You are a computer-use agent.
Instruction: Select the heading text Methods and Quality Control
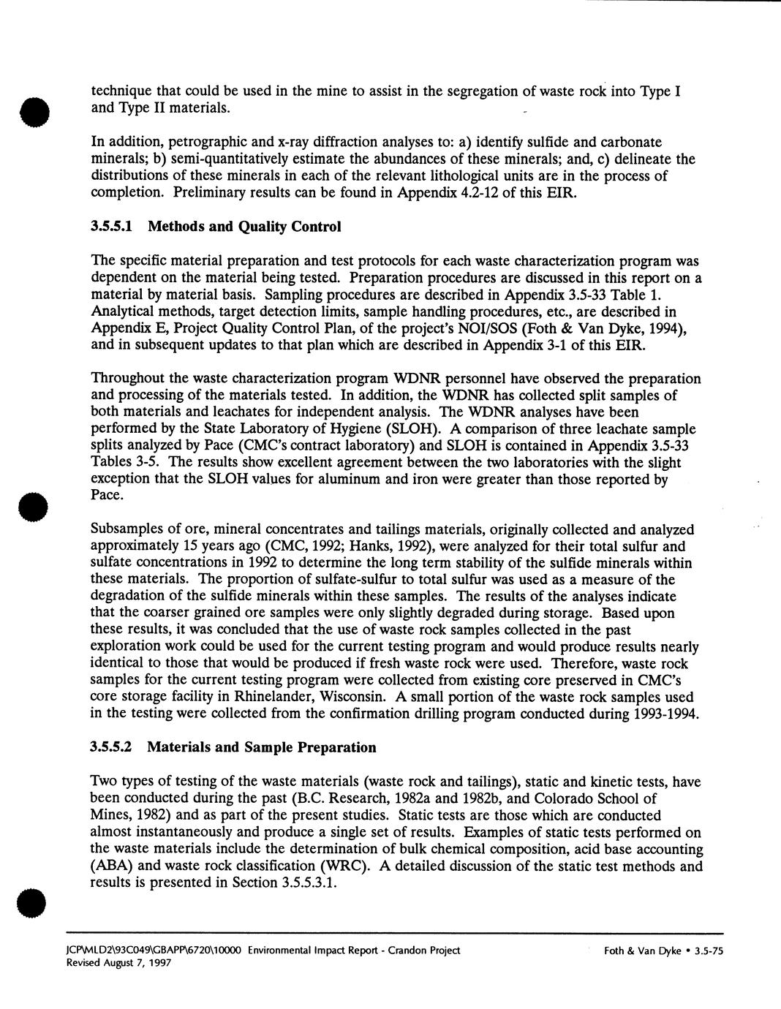(x=244, y=227)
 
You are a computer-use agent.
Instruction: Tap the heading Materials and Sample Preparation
(x=262, y=747)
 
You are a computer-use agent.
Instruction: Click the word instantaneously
(x=173, y=832)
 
